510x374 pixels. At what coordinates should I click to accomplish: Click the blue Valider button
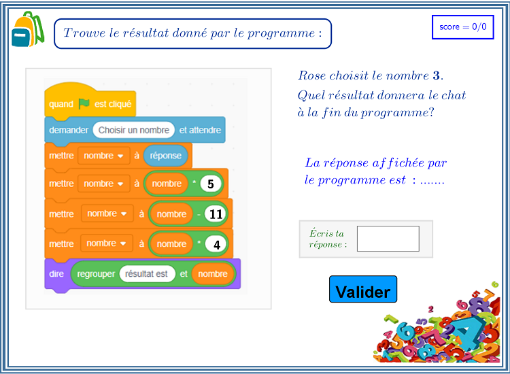click(363, 289)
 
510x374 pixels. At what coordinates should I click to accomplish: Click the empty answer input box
click(388, 239)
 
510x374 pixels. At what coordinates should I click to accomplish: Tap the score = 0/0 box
click(463, 27)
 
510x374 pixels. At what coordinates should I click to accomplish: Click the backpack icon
click(28, 29)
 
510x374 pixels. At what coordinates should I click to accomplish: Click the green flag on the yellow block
click(84, 104)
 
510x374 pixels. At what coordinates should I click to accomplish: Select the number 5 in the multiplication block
click(210, 184)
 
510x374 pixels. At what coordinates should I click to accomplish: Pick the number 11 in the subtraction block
click(216, 214)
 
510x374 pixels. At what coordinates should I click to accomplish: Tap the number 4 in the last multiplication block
click(216, 244)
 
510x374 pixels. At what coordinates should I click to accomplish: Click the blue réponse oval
click(165, 156)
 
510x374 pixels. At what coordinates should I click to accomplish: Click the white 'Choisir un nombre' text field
click(134, 130)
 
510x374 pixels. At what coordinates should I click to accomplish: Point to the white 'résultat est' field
click(147, 274)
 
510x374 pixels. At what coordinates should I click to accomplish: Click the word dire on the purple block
click(56, 274)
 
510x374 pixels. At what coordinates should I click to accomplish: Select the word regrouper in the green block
click(96, 274)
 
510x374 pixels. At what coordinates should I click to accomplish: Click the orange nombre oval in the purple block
click(213, 274)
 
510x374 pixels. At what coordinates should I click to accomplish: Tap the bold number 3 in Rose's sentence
click(436, 75)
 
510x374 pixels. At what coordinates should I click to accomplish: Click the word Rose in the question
click(312, 75)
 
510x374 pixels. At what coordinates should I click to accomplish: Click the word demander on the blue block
click(69, 130)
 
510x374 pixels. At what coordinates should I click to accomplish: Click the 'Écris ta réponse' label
click(328, 239)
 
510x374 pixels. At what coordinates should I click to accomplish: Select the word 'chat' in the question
click(454, 95)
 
